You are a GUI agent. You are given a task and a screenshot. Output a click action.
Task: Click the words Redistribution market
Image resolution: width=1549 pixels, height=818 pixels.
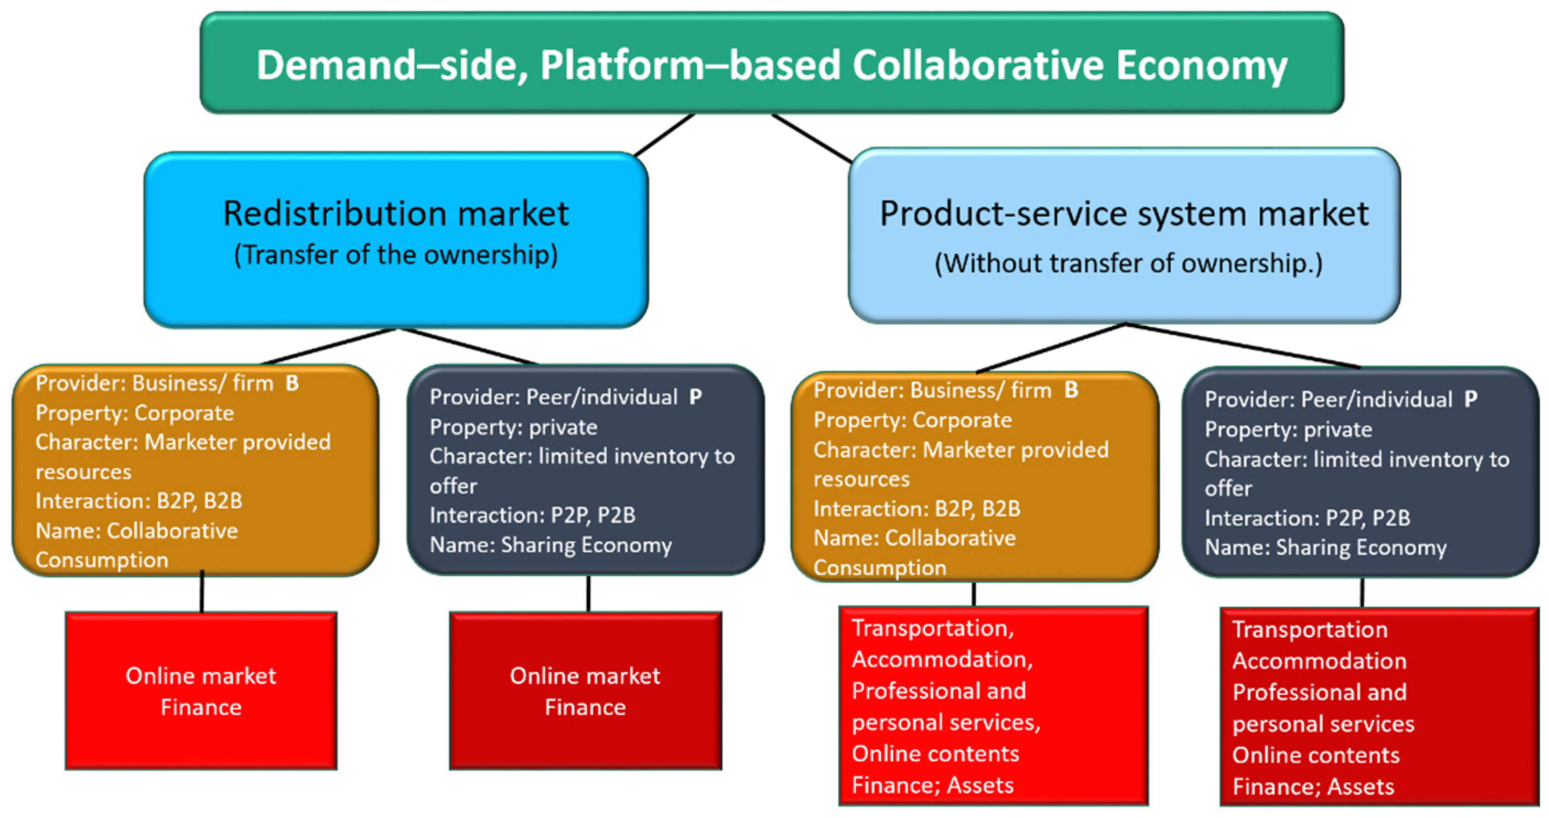(396, 214)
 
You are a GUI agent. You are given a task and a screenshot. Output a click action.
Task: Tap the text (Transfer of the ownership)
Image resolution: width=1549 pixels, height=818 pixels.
(396, 255)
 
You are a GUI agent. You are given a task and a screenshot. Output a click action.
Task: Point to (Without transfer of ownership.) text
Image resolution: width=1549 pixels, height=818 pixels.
(1128, 263)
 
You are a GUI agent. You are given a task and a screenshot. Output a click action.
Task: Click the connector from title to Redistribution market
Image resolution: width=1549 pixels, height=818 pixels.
(664, 136)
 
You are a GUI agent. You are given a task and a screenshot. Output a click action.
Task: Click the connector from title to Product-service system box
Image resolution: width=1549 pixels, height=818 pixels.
(812, 138)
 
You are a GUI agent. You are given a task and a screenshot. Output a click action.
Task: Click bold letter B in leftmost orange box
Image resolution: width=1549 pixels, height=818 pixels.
(293, 383)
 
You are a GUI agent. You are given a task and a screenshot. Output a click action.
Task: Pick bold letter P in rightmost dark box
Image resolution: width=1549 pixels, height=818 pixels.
(1470, 399)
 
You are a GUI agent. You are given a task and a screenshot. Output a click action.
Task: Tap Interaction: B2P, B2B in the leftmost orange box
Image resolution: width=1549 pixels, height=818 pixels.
(138, 501)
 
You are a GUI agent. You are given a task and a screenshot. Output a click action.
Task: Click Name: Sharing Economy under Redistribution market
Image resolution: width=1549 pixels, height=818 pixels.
(550, 545)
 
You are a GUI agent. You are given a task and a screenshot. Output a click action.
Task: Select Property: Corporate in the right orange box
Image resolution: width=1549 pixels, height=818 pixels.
(912, 420)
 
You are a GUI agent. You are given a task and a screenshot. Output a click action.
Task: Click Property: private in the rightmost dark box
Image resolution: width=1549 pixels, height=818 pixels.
(1288, 430)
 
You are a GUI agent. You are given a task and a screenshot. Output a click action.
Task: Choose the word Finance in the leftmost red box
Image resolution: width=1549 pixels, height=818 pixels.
(201, 707)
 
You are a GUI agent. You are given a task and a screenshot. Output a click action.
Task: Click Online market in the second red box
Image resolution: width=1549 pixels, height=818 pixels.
(584, 676)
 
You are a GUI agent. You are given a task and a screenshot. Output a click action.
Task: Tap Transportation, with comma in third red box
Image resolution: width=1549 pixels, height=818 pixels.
(933, 628)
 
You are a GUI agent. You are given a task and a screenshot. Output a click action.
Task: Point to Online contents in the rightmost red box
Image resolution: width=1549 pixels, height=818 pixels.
(1315, 755)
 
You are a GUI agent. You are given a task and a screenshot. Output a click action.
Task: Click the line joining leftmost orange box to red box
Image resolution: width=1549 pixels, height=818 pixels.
(202, 593)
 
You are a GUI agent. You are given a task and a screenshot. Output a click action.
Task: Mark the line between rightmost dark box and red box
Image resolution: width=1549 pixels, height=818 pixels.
(1362, 593)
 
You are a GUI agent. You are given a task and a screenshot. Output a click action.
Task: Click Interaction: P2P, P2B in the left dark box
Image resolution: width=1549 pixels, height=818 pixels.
(532, 516)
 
